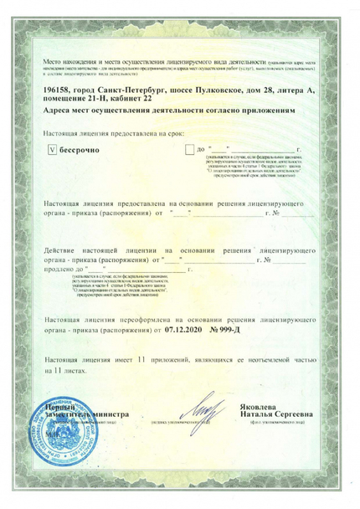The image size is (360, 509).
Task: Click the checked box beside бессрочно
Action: [52, 151]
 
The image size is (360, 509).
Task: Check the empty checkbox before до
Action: [188, 151]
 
